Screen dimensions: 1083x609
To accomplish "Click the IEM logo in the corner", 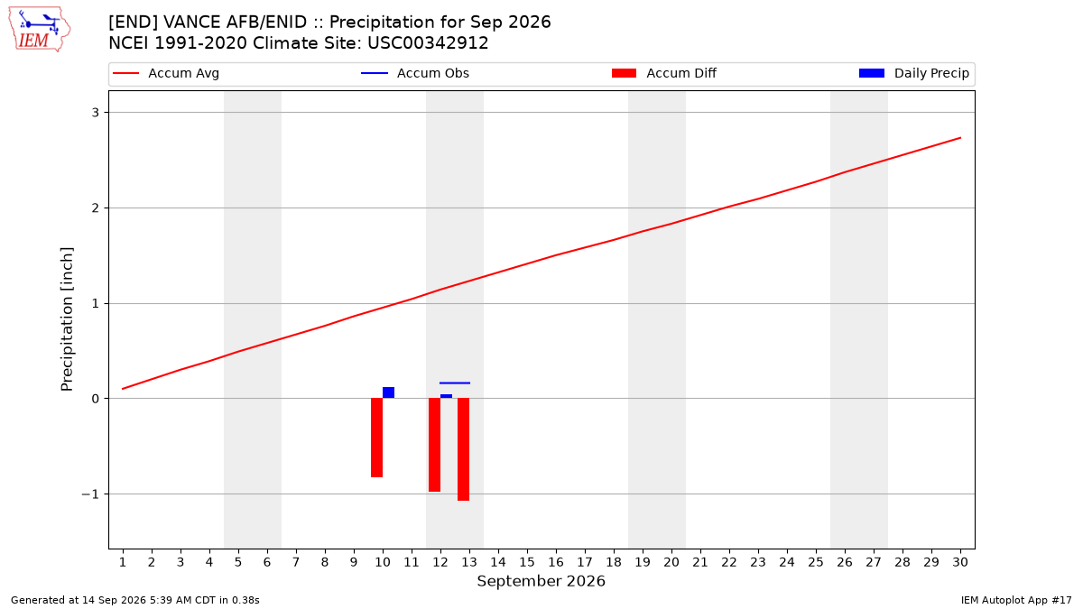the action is coord(40,30).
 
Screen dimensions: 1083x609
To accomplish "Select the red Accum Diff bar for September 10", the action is coord(376,438).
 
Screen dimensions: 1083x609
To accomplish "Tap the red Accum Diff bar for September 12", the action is coord(434,445).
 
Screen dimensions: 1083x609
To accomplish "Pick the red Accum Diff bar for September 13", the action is coord(463,449).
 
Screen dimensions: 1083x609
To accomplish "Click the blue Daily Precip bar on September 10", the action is coord(388,392).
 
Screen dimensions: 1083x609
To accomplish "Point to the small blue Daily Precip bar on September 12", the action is coord(446,396).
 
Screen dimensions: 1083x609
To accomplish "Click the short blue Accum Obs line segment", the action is coord(455,383).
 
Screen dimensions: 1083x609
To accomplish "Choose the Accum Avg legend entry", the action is coord(166,73).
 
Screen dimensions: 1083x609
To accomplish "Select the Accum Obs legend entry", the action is coord(415,73).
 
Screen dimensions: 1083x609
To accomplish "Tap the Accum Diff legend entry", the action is coord(664,73).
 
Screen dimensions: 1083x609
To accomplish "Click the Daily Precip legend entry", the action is coord(913,73).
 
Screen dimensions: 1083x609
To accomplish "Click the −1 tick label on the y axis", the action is coord(90,494).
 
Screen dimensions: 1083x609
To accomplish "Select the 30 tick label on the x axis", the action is coord(960,562).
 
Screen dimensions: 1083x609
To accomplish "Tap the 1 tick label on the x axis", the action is coord(123,562).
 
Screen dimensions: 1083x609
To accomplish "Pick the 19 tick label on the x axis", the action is coord(643,562).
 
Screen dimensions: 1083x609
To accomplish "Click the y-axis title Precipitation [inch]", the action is coord(67,319).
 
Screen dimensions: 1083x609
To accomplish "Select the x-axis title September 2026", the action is coord(541,581).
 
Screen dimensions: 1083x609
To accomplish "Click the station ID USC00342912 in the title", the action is coord(428,43).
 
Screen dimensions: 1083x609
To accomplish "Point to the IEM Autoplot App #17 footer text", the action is coord(1016,600).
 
